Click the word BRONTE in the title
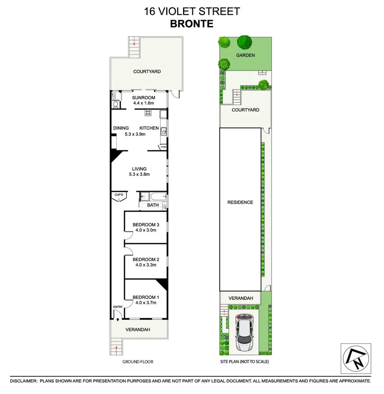tap(192, 24)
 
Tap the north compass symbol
tap(356, 358)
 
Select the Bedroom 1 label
tap(146, 297)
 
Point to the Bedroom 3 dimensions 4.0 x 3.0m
tap(146, 230)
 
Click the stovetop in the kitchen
tap(148, 113)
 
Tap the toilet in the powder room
tap(115, 104)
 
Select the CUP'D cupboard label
tap(119, 195)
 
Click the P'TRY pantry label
tap(162, 148)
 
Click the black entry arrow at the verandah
tap(118, 320)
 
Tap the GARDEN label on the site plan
tap(245, 55)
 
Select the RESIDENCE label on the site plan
tap(240, 202)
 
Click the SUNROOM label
tap(144, 98)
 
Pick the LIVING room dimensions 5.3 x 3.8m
tap(139, 174)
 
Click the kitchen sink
tap(163, 131)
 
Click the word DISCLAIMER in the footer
tap(23, 381)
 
